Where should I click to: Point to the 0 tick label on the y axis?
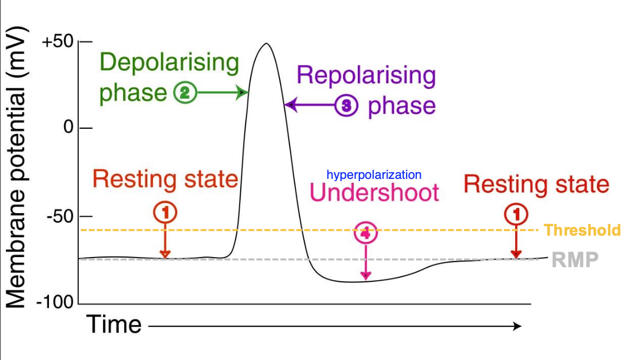tap(69, 128)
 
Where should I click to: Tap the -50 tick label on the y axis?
tap(60, 217)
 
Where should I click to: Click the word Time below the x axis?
tap(114, 325)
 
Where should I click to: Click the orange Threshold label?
tap(582, 230)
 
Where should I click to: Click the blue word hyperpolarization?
tap(373, 175)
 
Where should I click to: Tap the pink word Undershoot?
tap(374, 192)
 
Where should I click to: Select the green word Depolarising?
tap(169, 63)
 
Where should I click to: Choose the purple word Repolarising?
tap(366, 75)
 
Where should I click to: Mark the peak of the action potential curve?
tap(266, 43)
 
